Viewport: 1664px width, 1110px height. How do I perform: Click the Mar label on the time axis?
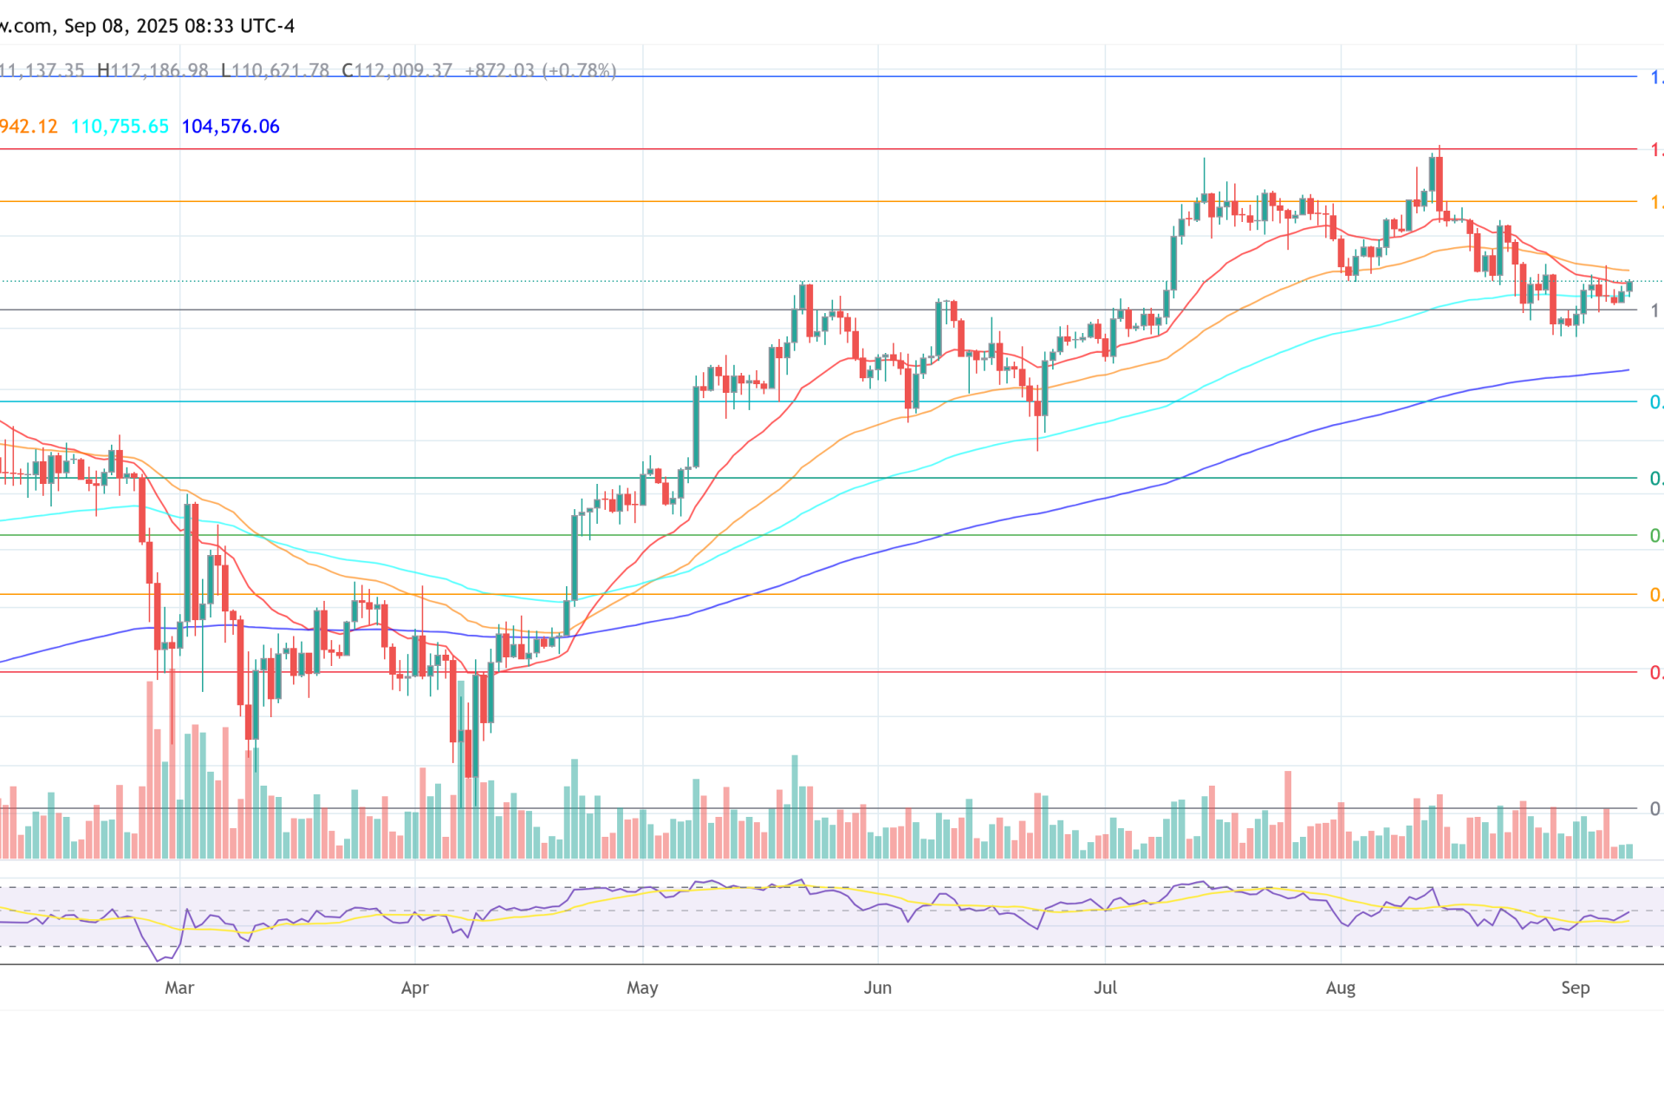179,988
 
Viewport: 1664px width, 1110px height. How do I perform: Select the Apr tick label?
415,988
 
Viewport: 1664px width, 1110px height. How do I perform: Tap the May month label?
642,988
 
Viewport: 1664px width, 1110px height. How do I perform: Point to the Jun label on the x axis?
878,988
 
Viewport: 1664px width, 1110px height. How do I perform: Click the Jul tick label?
1105,988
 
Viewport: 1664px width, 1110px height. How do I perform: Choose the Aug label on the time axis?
1341,988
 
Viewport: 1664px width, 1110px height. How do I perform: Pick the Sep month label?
1576,988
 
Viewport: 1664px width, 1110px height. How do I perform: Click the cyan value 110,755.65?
120,127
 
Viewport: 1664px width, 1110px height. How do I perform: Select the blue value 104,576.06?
231,127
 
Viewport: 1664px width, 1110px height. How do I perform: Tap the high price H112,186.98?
153,70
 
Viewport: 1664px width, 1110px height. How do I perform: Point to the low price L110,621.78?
275,70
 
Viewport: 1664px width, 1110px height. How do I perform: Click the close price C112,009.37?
397,70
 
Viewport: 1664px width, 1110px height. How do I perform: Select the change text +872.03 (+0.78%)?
541,70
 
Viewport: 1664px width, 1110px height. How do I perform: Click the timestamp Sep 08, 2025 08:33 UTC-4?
179,26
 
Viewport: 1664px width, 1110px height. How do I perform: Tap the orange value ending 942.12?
29,127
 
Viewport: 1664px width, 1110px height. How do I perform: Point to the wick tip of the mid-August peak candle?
1440,147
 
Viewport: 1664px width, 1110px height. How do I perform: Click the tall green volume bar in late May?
795,806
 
